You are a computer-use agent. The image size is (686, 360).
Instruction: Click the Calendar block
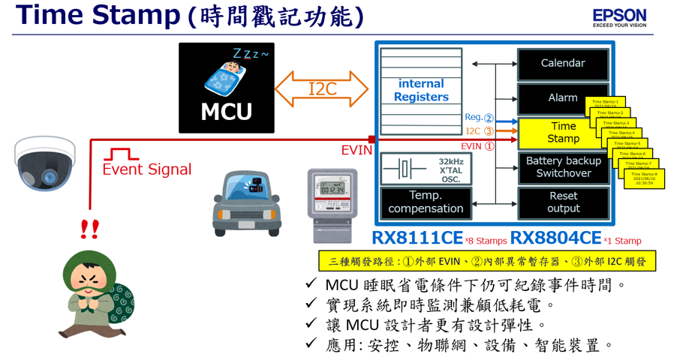pyautogui.click(x=563, y=64)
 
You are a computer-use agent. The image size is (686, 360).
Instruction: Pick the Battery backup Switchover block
pyautogui.click(x=563, y=167)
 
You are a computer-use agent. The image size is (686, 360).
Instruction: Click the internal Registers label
pyautogui.click(x=421, y=90)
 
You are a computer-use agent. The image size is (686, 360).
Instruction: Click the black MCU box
pyautogui.click(x=227, y=88)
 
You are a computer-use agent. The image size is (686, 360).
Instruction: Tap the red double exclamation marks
pyautogui.click(x=90, y=229)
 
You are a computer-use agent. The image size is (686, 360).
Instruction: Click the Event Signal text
pyautogui.click(x=147, y=170)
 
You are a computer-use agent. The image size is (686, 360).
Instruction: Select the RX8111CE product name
pyautogui.click(x=417, y=238)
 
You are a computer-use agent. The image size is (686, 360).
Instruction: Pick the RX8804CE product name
pyautogui.click(x=555, y=238)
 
